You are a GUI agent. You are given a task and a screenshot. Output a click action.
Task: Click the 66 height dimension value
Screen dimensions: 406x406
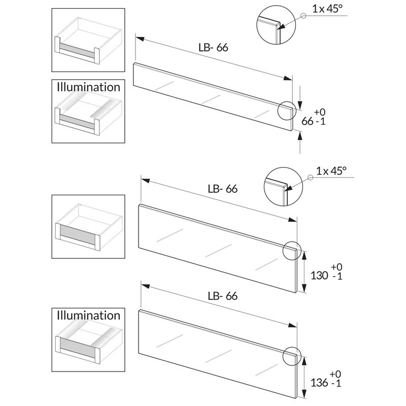(x=308, y=121)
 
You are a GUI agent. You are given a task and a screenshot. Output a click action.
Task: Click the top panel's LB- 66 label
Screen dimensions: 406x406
(x=213, y=48)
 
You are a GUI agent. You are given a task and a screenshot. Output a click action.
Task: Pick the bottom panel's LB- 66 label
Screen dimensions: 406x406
(x=222, y=296)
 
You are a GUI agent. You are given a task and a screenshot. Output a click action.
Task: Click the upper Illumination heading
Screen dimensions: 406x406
(x=89, y=87)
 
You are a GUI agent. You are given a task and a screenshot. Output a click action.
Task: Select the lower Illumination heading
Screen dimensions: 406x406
(x=89, y=315)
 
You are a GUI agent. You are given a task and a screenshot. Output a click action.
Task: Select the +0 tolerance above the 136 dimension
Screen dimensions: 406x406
(x=335, y=375)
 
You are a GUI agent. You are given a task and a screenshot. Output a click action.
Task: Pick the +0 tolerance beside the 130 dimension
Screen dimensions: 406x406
(x=336, y=267)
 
